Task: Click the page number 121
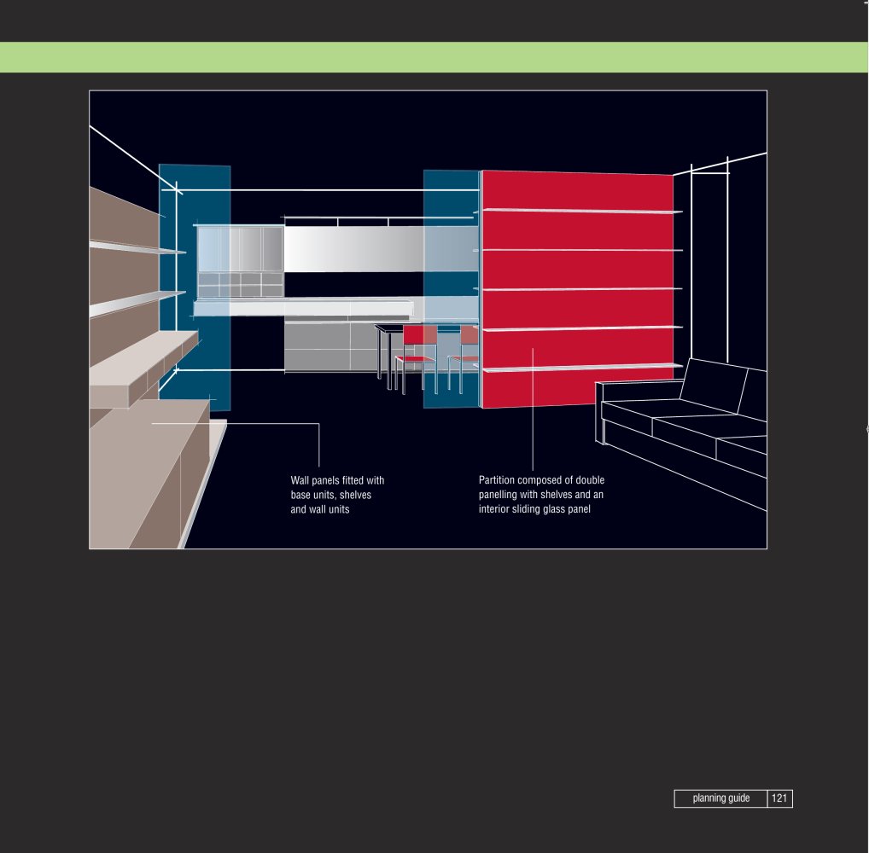pos(779,798)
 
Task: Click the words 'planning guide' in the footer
pos(721,798)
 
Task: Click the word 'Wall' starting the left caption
pos(300,480)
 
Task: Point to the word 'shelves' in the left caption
pos(355,496)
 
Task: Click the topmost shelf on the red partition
pos(582,211)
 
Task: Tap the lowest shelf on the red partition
pos(582,368)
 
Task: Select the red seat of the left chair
pos(416,359)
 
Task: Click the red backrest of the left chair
pos(420,334)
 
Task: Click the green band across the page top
pos(434,57)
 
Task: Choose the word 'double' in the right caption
pos(590,480)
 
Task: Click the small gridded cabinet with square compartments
pos(241,284)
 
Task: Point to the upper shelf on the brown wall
pos(136,247)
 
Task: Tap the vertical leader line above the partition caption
pos(533,409)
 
